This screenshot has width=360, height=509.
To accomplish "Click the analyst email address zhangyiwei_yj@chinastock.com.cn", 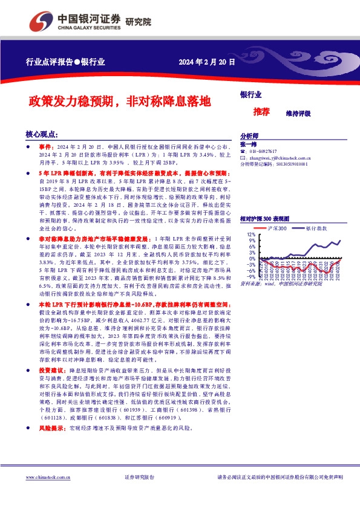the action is click(x=285, y=158).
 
